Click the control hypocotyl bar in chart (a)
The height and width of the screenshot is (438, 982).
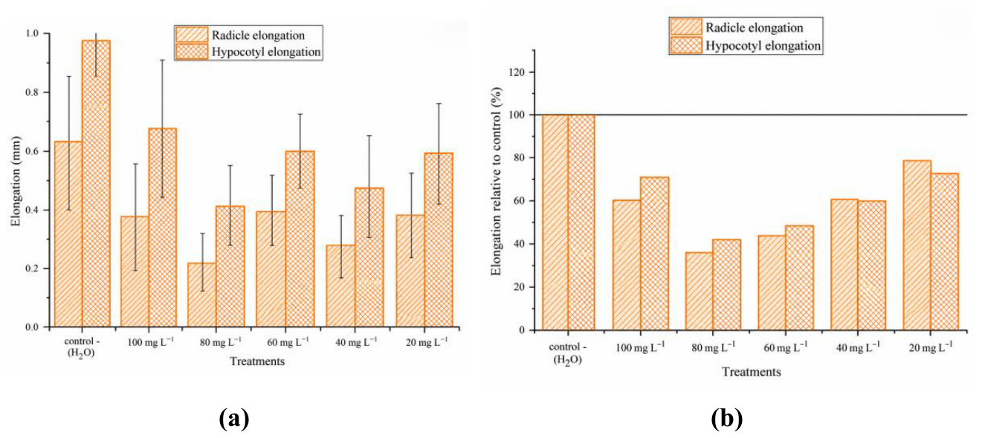[x=96, y=184]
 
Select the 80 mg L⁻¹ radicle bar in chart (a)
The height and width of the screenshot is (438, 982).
[x=201, y=295]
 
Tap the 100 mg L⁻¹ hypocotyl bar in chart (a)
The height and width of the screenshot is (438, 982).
[x=163, y=228]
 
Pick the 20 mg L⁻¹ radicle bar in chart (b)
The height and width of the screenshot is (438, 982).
[x=917, y=245]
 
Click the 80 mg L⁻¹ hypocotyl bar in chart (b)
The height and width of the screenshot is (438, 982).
[x=726, y=285]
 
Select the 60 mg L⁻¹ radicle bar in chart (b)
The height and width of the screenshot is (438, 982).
[x=772, y=283]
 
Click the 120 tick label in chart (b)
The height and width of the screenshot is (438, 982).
[x=517, y=72]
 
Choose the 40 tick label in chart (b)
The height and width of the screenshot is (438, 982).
[x=520, y=244]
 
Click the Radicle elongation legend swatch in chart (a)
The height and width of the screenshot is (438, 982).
[x=192, y=35]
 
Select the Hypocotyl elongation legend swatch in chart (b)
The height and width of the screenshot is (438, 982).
[x=686, y=45]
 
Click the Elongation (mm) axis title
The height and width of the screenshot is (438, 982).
[x=16, y=181]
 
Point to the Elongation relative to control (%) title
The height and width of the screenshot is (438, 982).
[x=496, y=181]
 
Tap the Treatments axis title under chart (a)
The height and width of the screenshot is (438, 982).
[x=257, y=361]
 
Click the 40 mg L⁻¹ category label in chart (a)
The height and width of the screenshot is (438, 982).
[x=356, y=341]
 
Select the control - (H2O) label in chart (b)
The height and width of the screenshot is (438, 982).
[x=568, y=353]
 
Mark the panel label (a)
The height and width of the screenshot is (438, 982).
[x=234, y=418]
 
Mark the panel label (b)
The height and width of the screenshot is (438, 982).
[x=727, y=418]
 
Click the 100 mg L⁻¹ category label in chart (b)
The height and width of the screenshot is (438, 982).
[x=640, y=347]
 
